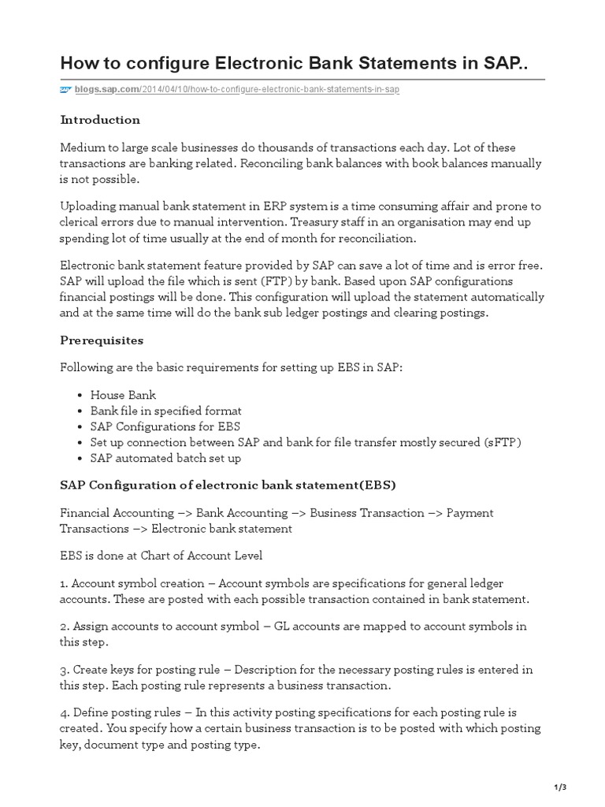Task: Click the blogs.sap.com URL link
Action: pos(237,90)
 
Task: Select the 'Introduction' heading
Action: pos(100,120)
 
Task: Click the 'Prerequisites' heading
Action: pos(101,340)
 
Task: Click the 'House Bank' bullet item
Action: pos(123,395)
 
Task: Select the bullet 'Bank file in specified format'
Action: pos(165,411)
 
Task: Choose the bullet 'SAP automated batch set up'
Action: pos(165,458)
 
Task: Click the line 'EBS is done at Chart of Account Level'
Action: pos(161,556)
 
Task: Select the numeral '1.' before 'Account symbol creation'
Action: pos(65,583)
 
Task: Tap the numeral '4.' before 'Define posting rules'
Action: pos(65,712)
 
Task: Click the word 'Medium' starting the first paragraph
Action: pos(81,148)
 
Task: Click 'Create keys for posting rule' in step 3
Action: pos(149,670)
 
